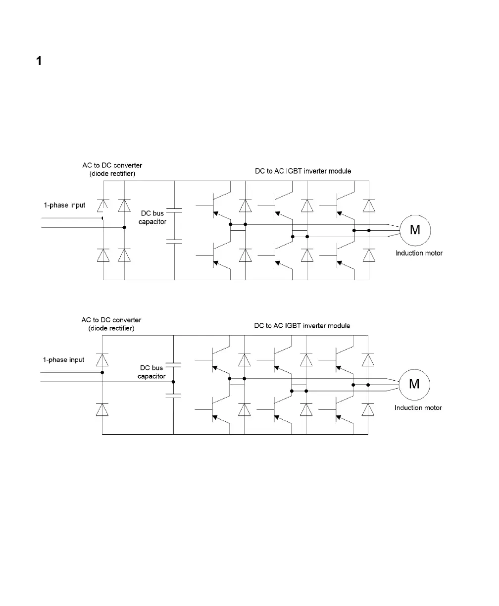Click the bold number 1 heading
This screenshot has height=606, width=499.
coord(39,61)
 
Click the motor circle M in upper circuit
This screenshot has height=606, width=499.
coord(415,230)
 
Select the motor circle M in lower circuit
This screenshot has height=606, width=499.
coord(414,384)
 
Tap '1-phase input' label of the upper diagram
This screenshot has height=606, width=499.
coord(63,205)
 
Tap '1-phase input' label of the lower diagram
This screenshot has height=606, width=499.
coord(63,360)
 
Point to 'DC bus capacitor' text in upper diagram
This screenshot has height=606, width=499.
coord(152,217)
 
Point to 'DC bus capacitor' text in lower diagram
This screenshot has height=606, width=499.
coord(151,372)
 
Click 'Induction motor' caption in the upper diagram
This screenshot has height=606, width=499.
coord(419,253)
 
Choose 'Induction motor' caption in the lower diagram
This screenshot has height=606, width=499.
coord(418,408)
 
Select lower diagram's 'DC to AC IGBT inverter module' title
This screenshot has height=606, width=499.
coord(302,326)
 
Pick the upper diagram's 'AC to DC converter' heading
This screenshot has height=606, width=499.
coord(112,165)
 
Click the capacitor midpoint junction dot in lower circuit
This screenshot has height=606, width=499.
coord(173,382)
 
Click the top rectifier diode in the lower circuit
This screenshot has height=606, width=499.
coord(102,359)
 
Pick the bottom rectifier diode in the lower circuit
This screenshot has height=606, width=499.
coord(102,409)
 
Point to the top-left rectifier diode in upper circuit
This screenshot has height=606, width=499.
coord(103,205)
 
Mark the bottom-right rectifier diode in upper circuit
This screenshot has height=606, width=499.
coord(124,254)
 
